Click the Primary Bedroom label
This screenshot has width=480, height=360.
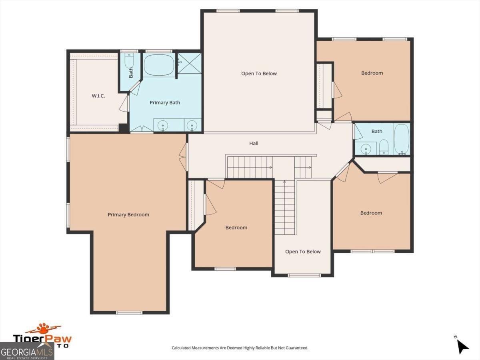pos(128,215)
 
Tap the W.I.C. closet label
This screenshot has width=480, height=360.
pos(98,96)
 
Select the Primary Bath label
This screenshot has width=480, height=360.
pos(165,103)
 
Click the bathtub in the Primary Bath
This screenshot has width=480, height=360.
pos(159,65)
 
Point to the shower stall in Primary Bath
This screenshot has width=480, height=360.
pos(189,63)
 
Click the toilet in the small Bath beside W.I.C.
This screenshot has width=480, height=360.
pos(129,62)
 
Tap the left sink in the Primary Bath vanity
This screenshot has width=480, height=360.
pos(163,126)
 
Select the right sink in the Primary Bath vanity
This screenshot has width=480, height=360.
pos(192,126)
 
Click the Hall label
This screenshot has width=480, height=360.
pos(254,143)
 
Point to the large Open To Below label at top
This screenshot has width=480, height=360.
pos(259,74)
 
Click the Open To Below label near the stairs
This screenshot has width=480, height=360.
pos(303,252)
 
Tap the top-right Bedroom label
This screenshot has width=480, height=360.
pos(372,73)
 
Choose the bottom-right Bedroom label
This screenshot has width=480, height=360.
pos(371,213)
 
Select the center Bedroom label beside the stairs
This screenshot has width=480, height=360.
pos(236,228)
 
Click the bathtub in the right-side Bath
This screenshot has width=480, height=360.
pos(401,140)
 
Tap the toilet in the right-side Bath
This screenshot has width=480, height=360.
pos(384,147)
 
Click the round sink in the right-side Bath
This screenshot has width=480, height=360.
pos(366,149)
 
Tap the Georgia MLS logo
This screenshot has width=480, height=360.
pos(27,351)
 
